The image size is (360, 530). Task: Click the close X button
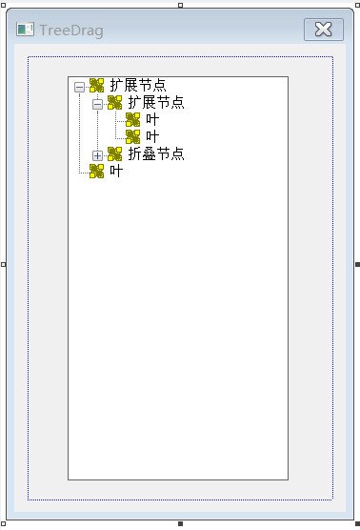[323, 30]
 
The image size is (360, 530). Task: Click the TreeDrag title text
[71, 31]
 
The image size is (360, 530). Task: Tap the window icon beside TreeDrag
[25, 31]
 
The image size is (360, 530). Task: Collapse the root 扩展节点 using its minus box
[79, 86]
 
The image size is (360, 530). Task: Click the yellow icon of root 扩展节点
[96, 86]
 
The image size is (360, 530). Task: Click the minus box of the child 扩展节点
[97, 103]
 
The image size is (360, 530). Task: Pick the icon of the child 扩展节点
[114, 103]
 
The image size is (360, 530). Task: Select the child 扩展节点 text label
[155, 103]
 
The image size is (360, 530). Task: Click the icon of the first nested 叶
[132, 120]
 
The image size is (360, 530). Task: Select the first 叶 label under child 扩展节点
[152, 120]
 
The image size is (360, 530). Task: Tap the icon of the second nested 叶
[132, 137]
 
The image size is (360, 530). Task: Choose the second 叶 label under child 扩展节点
[152, 137]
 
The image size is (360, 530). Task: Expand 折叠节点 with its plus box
[97, 154]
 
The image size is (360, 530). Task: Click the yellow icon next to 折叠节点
[114, 154]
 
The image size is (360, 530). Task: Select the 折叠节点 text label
[155, 154]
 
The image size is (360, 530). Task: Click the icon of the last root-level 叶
[96, 172]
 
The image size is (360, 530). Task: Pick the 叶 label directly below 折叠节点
[116, 172]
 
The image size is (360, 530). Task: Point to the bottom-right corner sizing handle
[357, 523]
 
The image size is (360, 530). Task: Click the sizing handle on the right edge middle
[357, 264]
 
